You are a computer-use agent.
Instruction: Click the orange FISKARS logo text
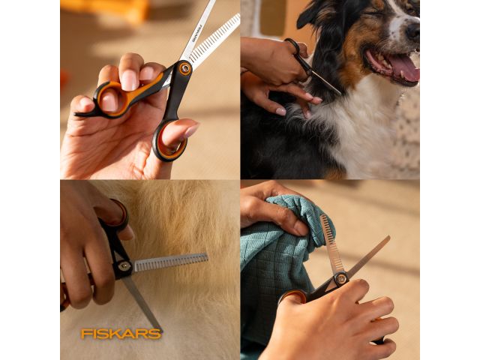[x=121, y=334]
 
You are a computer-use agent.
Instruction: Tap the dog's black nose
[x=413, y=31]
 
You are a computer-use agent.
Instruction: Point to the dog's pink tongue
[x=403, y=67]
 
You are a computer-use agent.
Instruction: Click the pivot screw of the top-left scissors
[x=185, y=68]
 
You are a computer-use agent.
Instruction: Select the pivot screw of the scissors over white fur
[x=124, y=266]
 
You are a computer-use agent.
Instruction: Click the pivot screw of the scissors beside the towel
[x=340, y=278]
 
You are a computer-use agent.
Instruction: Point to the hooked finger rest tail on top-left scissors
[x=84, y=114]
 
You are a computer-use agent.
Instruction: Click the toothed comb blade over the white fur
[x=170, y=262]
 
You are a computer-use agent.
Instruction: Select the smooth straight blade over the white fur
[x=142, y=303]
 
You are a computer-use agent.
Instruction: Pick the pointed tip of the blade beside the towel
[x=389, y=236]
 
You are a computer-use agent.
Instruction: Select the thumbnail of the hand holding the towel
[x=301, y=229]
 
